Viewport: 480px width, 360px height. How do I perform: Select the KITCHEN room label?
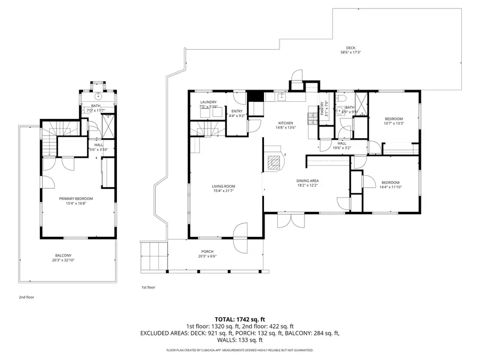point(285,122)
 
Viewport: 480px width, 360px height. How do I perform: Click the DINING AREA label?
point(307,181)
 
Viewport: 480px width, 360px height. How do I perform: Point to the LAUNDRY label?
point(207,102)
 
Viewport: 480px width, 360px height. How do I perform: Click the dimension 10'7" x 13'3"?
point(394,124)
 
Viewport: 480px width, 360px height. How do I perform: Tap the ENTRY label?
point(236,111)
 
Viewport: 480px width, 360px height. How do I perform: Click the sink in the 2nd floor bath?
point(98,97)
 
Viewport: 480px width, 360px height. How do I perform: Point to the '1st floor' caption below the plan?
point(148,287)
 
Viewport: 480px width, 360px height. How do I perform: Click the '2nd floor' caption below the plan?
point(26,297)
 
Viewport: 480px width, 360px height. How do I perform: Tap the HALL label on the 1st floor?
point(341,143)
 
